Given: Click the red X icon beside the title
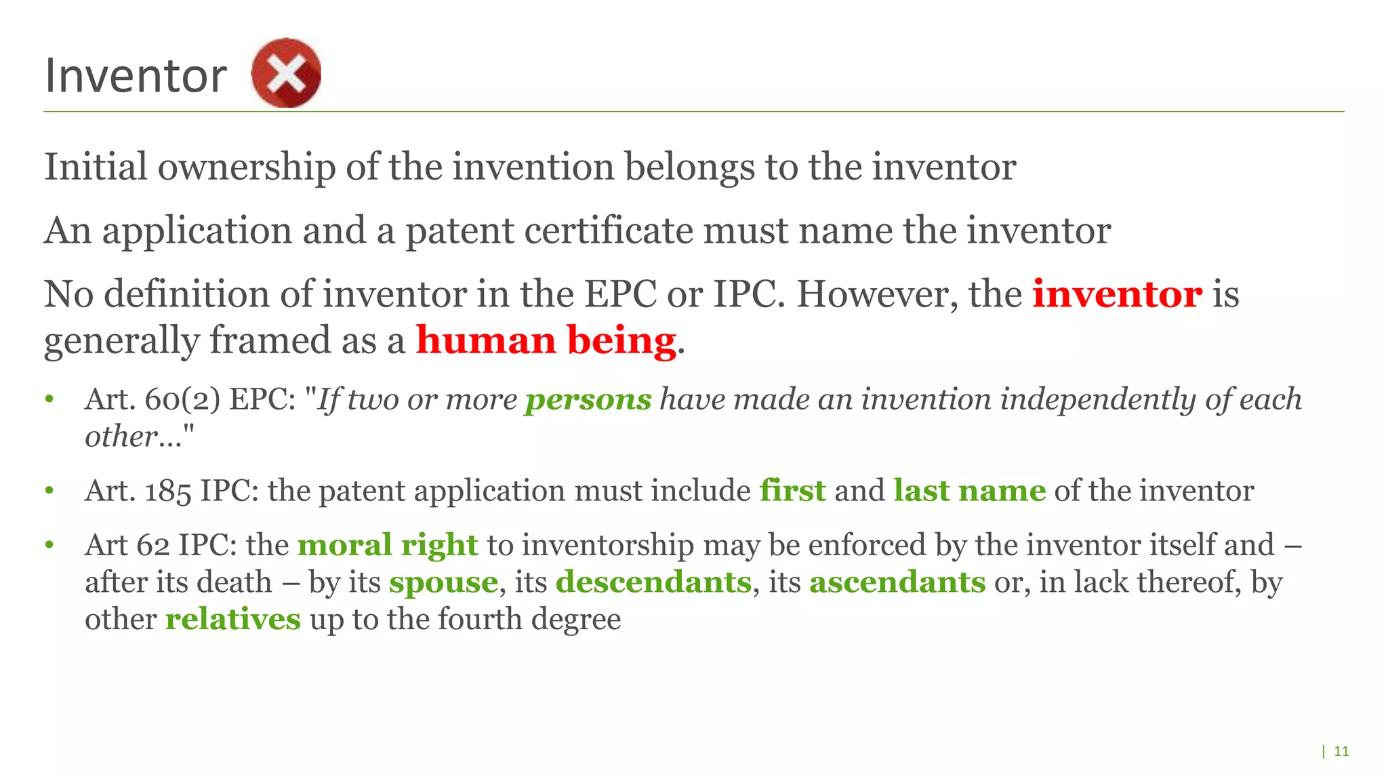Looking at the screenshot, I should pyautogui.click(x=285, y=73).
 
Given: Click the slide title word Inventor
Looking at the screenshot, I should pyautogui.click(x=136, y=75).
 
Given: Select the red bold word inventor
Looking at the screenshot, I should pyautogui.click(x=1117, y=294).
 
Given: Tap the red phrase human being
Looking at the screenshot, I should pyautogui.click(x=546, y=340).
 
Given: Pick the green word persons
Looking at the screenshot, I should pyautogui.click(x=588, y=399).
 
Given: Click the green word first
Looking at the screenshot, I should pyautogui.click(x=792, y=491).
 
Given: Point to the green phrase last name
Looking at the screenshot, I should pyautogui.click(x=969, y=491).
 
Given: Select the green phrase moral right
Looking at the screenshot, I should pyautogui.click(x=388, y=545).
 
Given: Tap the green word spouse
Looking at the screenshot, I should pyautogui.click(x=443, y=582).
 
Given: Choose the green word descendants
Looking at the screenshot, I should pyautogui.click(x=653, y=582).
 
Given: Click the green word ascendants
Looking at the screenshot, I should pyautogui.click(x=897, y=582).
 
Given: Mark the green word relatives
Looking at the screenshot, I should pyautogui.click(x=232, y=620).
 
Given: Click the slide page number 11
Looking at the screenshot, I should pyautogui.click(x=1341, y=751).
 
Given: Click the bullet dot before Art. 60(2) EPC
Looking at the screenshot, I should pyautogui.click(x=49, y=399).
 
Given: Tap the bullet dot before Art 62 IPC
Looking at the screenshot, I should pyautogui.click(x=49, y=545).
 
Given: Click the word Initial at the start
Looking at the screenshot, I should pyautogui.click(x=96, y=167).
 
